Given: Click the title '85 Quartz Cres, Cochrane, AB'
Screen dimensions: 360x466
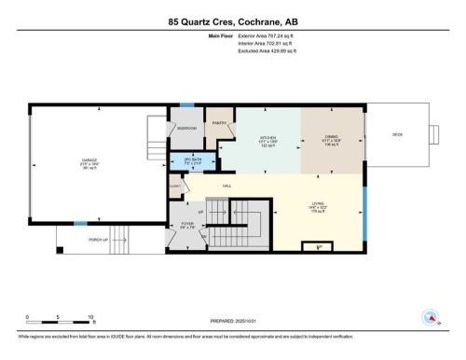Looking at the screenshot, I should (x=232, y=21).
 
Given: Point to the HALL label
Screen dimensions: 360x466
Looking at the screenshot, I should (x=226, y=187).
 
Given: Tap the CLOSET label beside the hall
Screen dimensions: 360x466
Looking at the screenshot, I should (x=176, y=186).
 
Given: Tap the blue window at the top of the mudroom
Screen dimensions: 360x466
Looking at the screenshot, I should (x=187, y=105).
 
